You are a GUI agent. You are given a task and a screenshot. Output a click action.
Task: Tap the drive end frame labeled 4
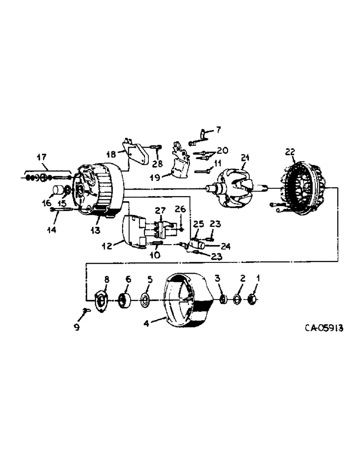[x=187, y=298]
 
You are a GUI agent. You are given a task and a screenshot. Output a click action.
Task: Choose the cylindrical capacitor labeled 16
[x=58, y=190]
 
